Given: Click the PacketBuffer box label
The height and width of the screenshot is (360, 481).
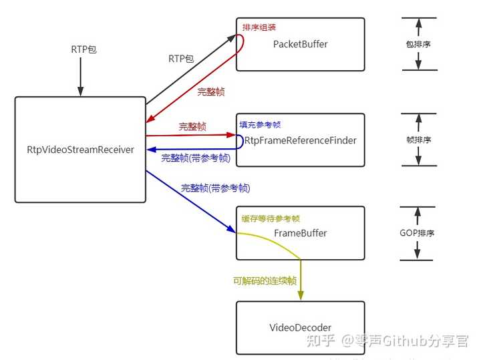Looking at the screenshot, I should point(301,44).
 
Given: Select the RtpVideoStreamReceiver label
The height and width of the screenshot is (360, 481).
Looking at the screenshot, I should point(80,150).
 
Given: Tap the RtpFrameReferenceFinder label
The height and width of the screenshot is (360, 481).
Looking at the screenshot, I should point(301,140).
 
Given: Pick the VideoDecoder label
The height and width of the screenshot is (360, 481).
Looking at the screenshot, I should point(300,327).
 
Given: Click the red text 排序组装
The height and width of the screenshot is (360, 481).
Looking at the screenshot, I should point(259,27).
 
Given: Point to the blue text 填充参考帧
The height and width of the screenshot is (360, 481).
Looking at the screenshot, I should point(261,124).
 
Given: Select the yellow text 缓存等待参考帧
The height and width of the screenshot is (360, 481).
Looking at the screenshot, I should point(271,218).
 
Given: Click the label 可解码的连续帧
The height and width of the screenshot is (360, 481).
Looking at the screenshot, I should point(265,281).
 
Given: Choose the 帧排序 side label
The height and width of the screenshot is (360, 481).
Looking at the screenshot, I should point(419,140).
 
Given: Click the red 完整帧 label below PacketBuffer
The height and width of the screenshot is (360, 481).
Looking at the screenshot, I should point(211,92).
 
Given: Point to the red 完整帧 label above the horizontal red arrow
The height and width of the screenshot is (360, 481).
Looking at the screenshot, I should point(192,126).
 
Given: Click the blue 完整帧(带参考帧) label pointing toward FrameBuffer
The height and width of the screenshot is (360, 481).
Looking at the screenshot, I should point(215,188).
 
